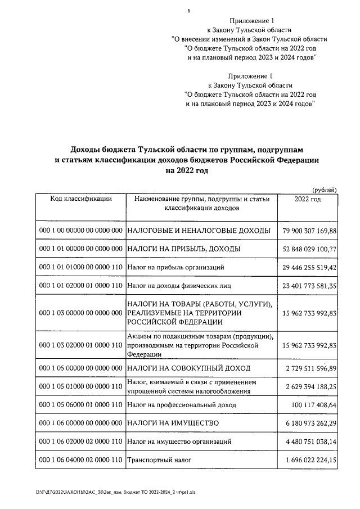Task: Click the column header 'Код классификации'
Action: pos(81,199)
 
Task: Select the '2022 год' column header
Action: pos(308,199)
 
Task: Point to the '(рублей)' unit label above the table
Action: pos(325,189)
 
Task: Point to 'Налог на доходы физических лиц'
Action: pos(177,286)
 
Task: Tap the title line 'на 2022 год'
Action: pos(186,171)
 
